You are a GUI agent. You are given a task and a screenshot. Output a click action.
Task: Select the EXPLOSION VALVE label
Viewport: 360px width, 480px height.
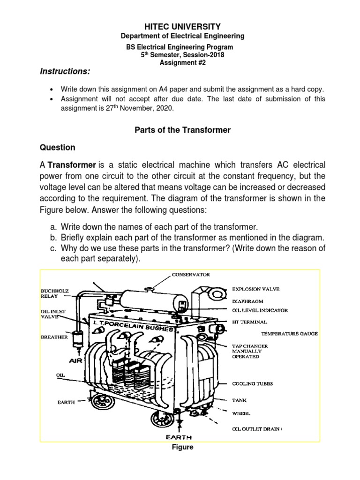tap(260, 289)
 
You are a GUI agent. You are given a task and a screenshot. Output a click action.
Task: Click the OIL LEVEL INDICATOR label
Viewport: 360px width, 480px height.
tap(260, 310)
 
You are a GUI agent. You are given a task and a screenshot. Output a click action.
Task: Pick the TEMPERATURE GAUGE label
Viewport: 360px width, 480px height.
tap(289, 334)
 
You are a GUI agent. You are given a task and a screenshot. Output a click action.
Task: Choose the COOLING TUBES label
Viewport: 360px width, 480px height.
tap(253, 383)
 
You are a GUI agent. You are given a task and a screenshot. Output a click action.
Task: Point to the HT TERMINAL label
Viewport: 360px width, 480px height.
tap(250, 322)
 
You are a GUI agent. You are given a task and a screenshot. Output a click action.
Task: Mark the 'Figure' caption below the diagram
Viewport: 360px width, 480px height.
tap(183, 447)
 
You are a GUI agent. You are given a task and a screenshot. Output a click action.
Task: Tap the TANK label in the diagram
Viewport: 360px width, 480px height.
tap(240, 401)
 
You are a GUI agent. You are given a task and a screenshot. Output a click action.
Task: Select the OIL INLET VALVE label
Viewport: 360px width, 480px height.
tap(50, 314)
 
